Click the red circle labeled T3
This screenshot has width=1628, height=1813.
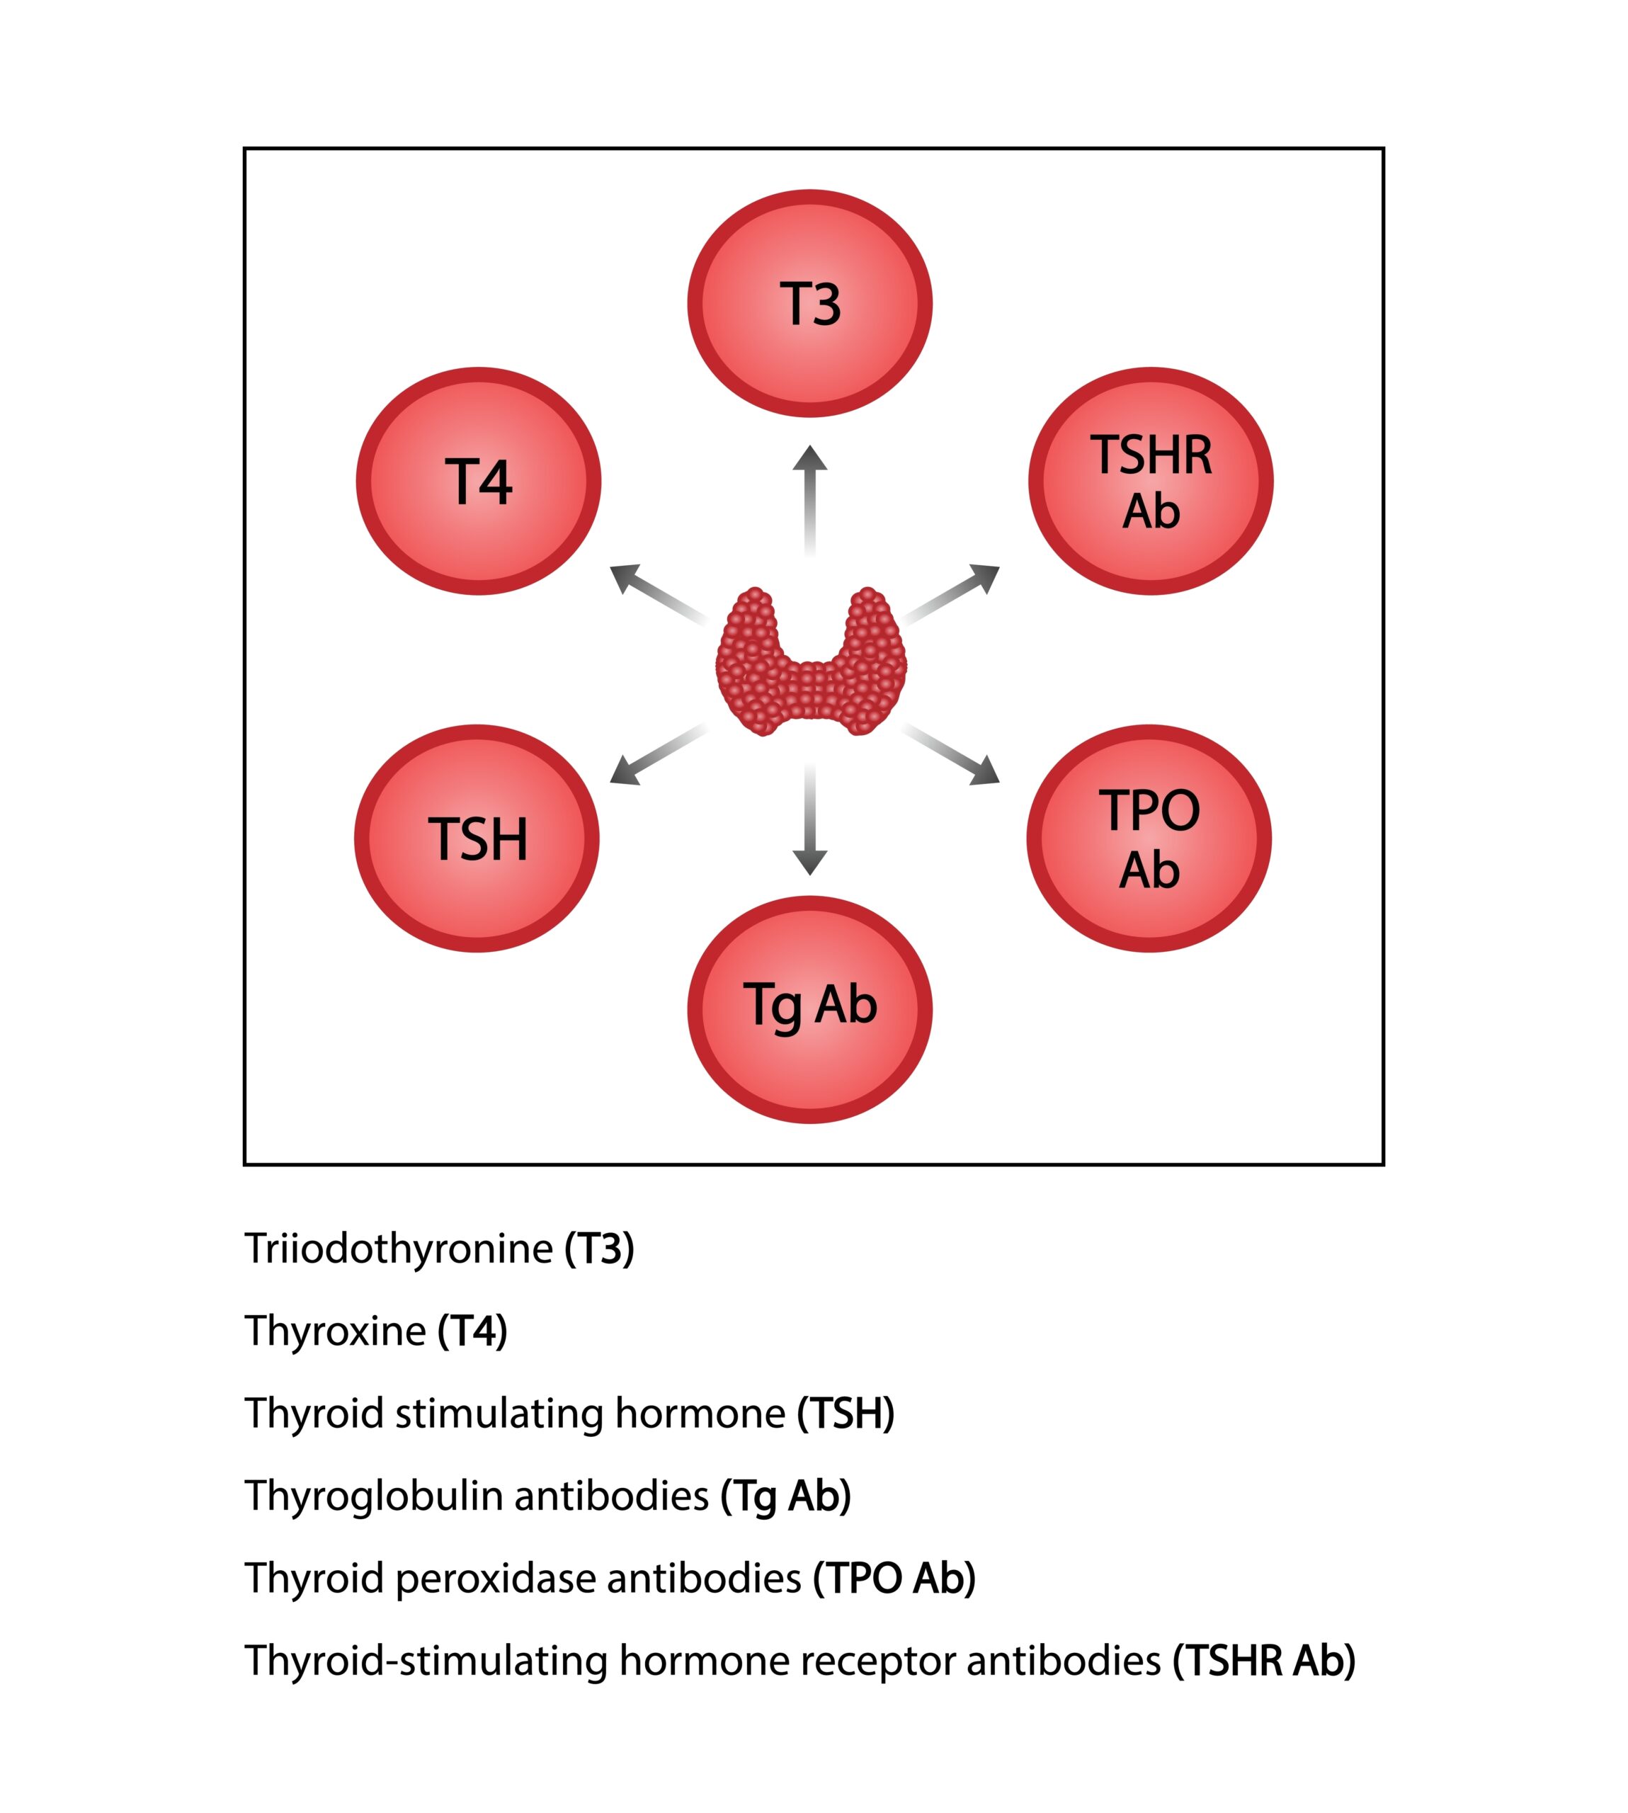[x=809, y=303]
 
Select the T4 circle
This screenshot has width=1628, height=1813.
[x=479, y=481]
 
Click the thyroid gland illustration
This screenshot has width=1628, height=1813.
[x=810, y=662]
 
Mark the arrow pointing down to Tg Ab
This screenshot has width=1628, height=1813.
[x=809, y=819]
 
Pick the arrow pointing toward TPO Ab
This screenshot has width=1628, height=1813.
[x=952, y=756]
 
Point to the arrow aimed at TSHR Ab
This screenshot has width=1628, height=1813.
[x=952, y=591]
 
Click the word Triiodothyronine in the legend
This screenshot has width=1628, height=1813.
[x=399, y=1249]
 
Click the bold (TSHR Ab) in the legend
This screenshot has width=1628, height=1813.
[x=1264, y=1661]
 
